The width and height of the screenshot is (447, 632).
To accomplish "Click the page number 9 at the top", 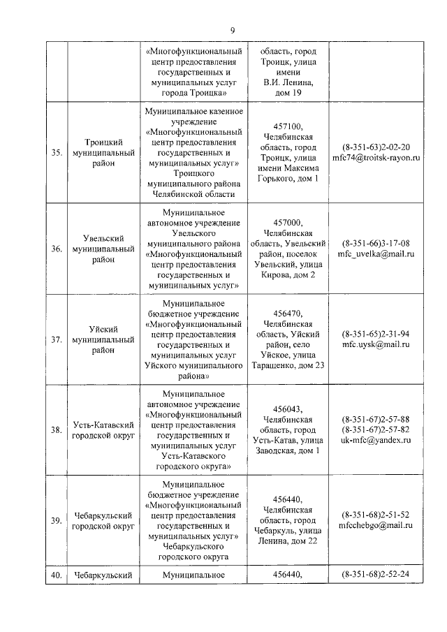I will click(233, 29).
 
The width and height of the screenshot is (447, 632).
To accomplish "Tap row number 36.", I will click(56, 249).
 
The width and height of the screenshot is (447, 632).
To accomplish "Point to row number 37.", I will click(56, 339).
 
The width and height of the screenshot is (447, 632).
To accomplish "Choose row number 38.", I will click(56, 429).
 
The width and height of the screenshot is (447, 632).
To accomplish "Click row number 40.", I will click(56, 575).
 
